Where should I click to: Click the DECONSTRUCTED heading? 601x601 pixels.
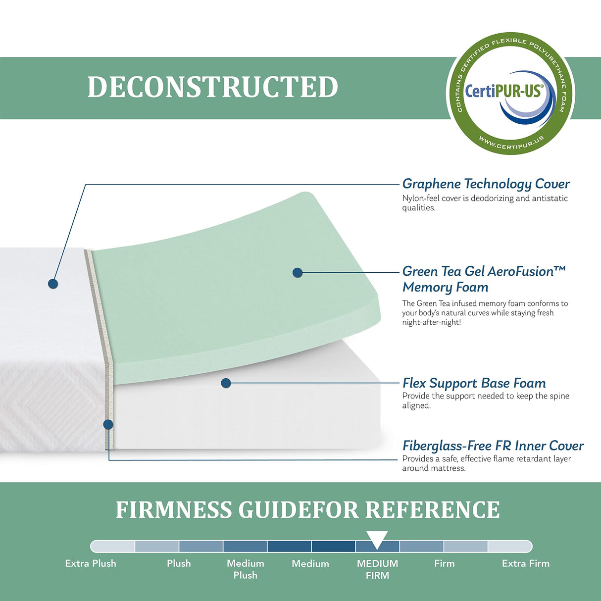pos(213,87)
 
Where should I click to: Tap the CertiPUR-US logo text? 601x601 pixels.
pos(503,91)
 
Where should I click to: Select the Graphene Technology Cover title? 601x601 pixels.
pos(486,184)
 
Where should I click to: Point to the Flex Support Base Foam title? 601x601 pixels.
pos(474,383)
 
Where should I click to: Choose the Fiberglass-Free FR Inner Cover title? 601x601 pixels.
pos(493,446)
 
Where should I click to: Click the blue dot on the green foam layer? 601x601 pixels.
pos(298,272)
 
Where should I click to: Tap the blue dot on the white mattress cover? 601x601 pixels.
pos(53,284)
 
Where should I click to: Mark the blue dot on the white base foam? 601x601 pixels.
pos(226,383)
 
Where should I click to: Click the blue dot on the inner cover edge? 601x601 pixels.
pos(108,424)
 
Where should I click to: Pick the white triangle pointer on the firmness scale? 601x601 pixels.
pos(377,539)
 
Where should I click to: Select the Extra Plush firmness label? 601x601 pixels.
pos(91,563)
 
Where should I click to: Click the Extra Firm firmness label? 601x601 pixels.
pos(525,563)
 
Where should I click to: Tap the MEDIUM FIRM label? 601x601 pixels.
pos(377,569)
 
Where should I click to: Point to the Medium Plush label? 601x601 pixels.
pos(246,569)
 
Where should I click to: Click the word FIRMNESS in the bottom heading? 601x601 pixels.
pos(173,510)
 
